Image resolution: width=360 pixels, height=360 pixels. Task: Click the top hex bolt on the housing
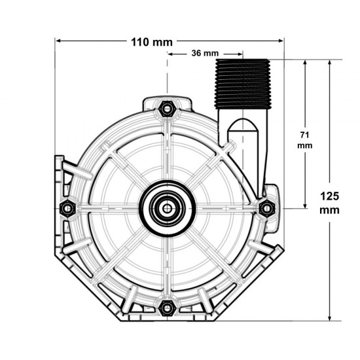click(168, 107)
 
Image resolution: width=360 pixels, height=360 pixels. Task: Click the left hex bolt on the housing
click(65, 209)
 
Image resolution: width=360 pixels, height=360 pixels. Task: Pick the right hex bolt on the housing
click(266, 208)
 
